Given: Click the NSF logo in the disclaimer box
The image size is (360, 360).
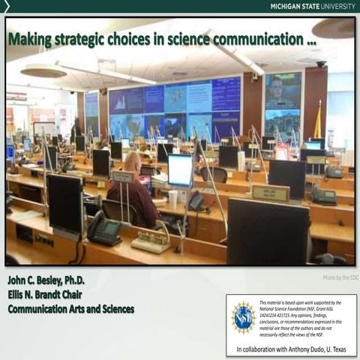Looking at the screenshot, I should [244, 316].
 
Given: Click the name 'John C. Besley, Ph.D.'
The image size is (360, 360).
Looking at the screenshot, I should [46, 280].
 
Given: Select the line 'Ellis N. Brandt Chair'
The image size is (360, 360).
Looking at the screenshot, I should [46, 294].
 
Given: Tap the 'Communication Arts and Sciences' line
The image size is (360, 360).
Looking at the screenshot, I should [71, 308].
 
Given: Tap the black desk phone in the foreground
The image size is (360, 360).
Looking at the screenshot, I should [104, 228].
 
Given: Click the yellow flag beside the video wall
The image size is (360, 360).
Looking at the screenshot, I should [317, 120].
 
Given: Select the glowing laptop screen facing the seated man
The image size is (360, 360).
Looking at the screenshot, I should [180, 170].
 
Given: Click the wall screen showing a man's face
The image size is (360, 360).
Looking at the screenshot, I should [282, 91].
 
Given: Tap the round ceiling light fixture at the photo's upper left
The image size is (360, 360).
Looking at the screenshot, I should [43, 70].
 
